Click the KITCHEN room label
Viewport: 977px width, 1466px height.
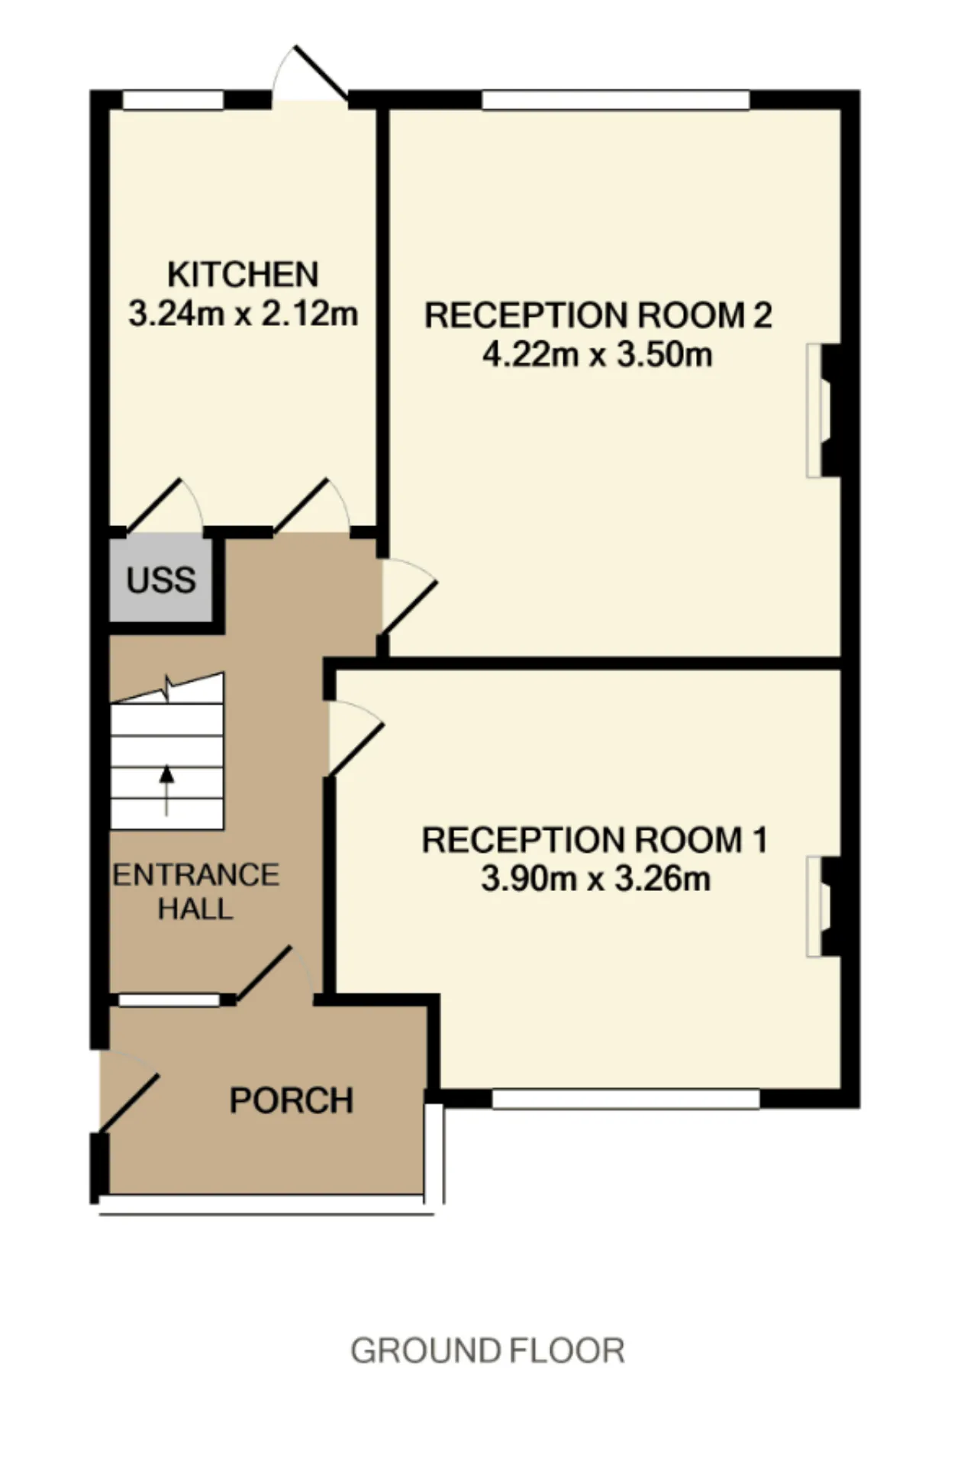(x=243, y=274)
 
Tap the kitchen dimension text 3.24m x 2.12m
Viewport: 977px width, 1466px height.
(x=243, y=313)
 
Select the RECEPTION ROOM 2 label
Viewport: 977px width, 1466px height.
(x=598, y=315)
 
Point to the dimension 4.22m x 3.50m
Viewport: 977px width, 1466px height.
(x=598, y=354)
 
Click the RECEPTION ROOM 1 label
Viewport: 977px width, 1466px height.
(x=595, y=840)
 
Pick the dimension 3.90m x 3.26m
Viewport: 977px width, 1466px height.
(x=595, y=879)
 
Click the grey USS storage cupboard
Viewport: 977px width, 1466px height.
(x=160, y=580)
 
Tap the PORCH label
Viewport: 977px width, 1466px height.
(x=292, y=1100)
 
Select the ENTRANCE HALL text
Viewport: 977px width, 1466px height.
(x=196, y=892)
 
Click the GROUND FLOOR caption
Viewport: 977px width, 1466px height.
(x=488, y=1351)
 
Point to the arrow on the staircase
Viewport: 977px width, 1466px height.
(x=166, y=790)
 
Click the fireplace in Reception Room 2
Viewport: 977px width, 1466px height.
(x=824, y=411)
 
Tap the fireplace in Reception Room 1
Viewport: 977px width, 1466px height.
(x=824, y=907)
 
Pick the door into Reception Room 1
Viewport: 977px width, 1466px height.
(x=355, y=739)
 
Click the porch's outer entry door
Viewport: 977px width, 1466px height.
(x=128, y=1090)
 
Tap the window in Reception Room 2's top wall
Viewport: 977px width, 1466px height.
(x=616, y=100)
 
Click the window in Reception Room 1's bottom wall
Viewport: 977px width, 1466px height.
(x=626, y=1099)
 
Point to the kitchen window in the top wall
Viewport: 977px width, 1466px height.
(x=173, y=100)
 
